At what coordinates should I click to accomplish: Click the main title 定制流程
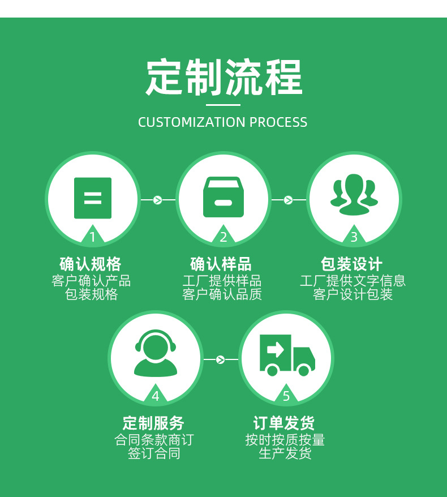pos(223,78)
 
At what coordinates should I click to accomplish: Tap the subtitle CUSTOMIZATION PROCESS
pos(223,122)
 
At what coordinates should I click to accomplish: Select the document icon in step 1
pos(93,198)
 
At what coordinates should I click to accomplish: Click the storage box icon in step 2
pos(223,198)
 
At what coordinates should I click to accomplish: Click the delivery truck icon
pos(286,355)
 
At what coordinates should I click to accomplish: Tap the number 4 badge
pos(156,396)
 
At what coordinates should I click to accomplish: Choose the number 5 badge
pos(286,396)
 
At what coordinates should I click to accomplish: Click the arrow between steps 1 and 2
pos(158,200)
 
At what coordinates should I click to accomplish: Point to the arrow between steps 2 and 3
pos(288,200)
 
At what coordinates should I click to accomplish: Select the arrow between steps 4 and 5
pos(221,359)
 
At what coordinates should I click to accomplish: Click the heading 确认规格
pos(91,264)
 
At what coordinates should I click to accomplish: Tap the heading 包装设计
pos(351,264)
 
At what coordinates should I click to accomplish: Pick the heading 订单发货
pos(284,423)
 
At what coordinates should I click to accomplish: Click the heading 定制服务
pos(153,423)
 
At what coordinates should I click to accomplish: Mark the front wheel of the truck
pos(304,371)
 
